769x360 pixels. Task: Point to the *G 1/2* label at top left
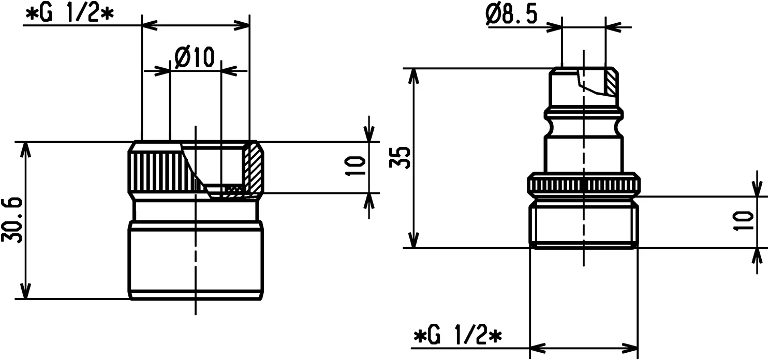[68, 14]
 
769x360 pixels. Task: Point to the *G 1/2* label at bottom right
[459, 337]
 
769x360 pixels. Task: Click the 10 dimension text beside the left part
[357, 167]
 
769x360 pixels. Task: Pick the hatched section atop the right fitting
[611, 82]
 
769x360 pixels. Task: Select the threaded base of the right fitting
[583, 225]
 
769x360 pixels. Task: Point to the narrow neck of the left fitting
[195, 209]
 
